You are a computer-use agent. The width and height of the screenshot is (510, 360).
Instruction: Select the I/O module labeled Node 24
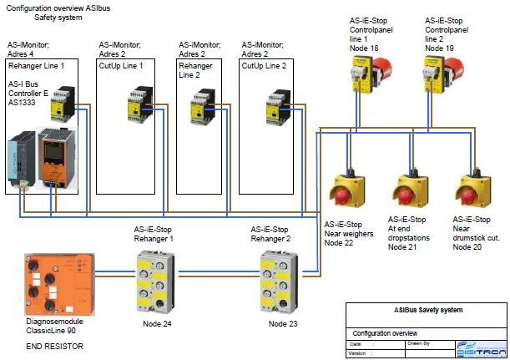point(157,281)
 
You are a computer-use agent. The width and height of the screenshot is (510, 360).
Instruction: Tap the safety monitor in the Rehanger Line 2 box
point(204,109)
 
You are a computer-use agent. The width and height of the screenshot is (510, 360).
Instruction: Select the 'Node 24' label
point(157,324)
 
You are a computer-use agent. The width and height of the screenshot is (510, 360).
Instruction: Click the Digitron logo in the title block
point(479,347)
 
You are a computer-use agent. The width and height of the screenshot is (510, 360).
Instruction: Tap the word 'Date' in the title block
point(356,343)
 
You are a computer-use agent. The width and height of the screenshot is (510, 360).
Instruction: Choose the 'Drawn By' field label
point(419,343)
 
